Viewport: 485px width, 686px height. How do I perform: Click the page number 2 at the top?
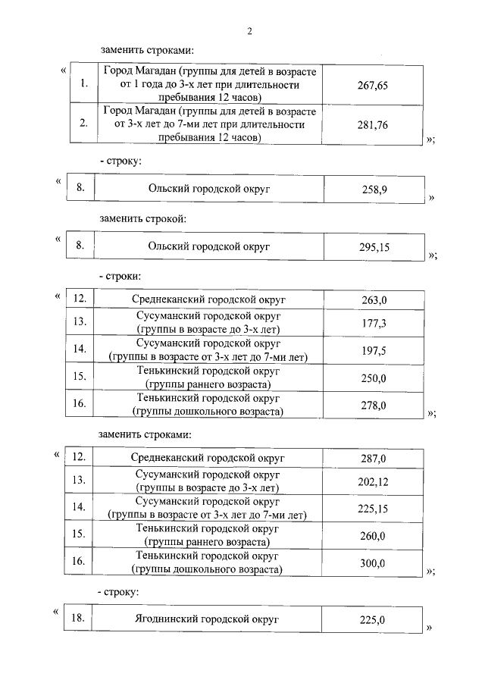click(x=249, y=31)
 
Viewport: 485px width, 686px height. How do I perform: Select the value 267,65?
click(x=372, y=86)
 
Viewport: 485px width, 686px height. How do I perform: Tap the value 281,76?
click(x=372, y=126)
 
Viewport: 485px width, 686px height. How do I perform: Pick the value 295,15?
click(x=374, y=247)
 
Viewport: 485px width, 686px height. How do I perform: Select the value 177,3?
click(x=374, y=324)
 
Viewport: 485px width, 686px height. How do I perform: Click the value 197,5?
click(x=374, y=351)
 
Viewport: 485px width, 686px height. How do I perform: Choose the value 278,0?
click(x=374, y=406)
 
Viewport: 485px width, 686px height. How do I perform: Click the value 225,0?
click(x=373, y=621)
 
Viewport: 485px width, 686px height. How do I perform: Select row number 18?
click(x=77, y=619)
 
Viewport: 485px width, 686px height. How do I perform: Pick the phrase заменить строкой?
click(x=142, y=219)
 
